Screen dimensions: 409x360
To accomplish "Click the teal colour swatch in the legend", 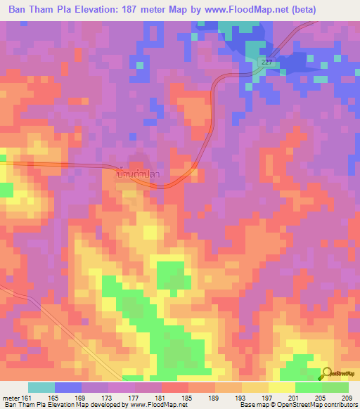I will tap(41, 387).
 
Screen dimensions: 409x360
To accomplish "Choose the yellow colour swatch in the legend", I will tap(281, 387).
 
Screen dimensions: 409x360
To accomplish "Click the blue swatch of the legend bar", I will tap(68, 387).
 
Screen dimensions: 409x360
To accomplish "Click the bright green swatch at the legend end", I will tap(335, 387).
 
